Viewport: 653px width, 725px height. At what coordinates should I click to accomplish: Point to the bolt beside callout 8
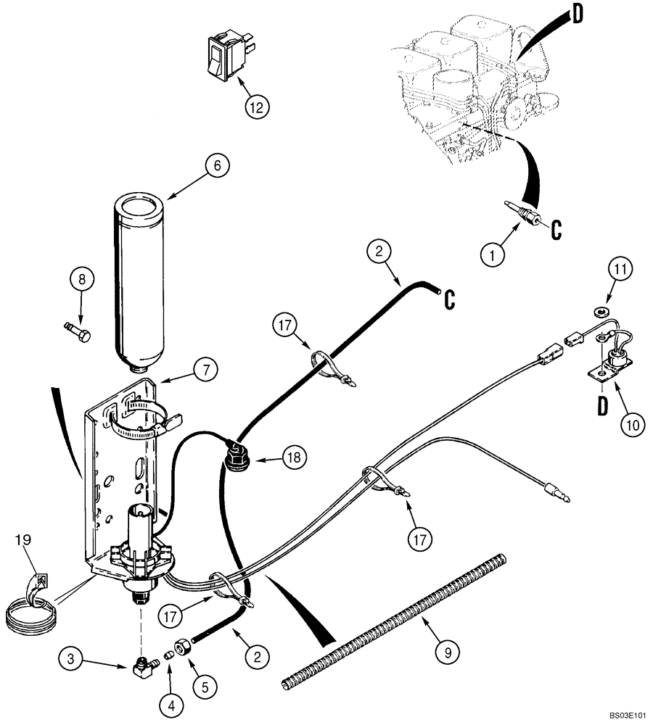tap(77, 335)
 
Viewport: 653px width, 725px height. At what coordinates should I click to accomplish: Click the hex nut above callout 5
tap(184, 644)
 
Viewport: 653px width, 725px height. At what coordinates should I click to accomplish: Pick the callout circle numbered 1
tap(494, 254)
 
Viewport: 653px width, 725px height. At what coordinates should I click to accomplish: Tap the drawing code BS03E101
tap(625, 715)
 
